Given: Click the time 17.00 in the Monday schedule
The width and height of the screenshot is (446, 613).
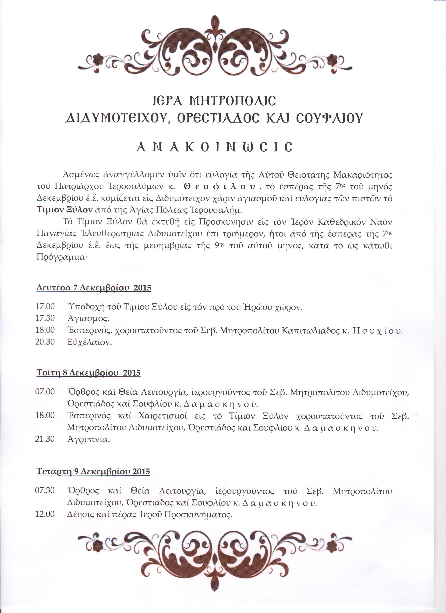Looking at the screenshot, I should coord(45,307).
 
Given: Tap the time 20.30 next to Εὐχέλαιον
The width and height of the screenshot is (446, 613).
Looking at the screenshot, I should coord(45,342).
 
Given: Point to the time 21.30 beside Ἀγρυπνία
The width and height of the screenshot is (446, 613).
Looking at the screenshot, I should coord(45,439).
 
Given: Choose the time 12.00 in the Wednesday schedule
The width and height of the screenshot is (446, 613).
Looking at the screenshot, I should coord(45,514).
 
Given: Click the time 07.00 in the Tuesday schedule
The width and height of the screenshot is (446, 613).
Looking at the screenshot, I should coord(45,391).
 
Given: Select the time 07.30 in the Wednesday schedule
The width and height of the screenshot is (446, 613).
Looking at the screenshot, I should coord(45,490).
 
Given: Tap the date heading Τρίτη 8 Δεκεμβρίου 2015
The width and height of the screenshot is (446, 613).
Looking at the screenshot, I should coord(89,373).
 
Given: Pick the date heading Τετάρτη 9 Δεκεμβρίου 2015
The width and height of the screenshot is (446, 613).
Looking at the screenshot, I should coord(93,472).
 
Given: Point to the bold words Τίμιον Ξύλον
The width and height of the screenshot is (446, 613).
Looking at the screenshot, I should coord(65,210).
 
